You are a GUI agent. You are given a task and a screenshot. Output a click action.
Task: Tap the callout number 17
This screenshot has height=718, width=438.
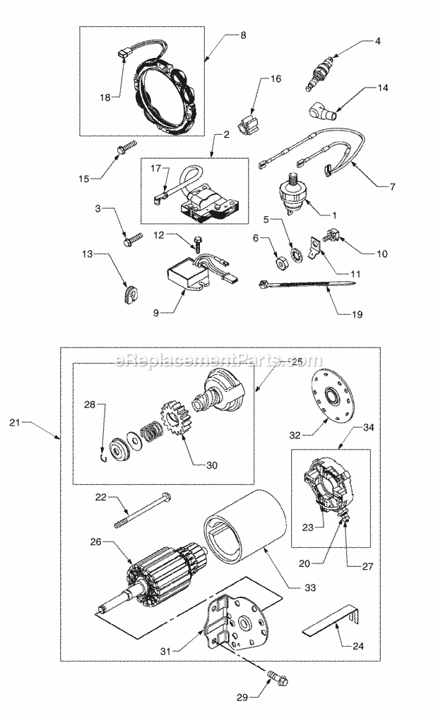click(x=156, y=168)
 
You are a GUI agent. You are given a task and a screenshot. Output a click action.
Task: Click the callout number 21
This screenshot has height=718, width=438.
click(x=16, y=422)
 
